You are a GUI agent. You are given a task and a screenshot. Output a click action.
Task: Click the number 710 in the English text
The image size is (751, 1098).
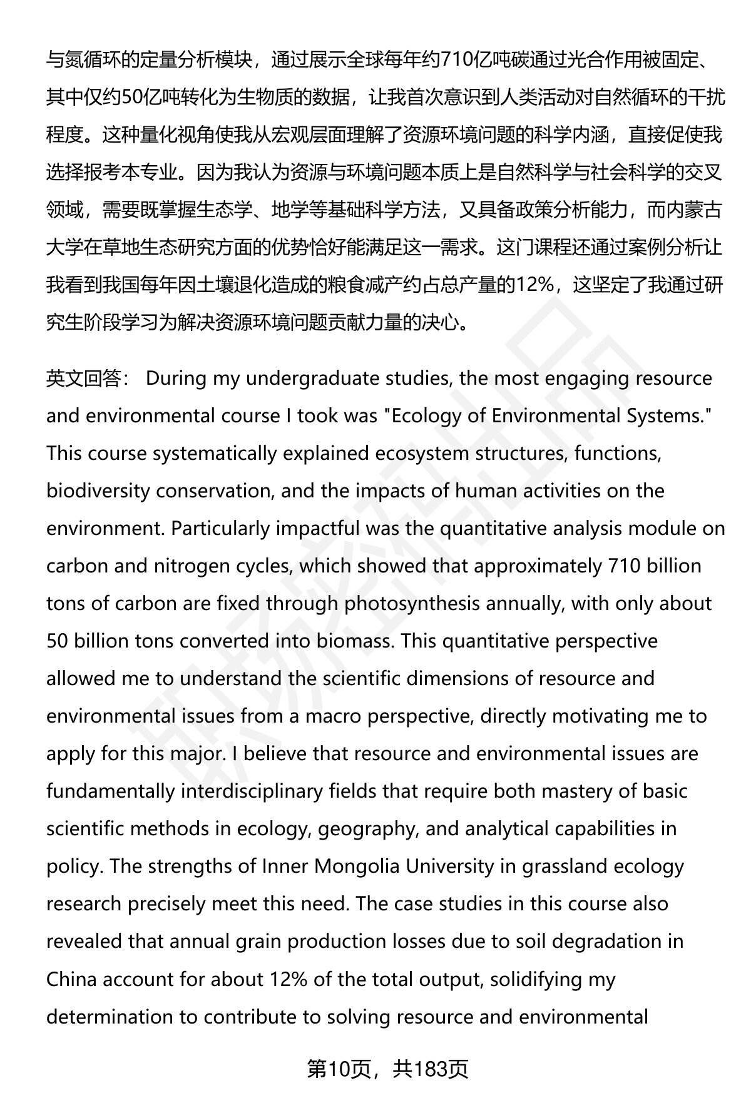click(625, 567)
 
